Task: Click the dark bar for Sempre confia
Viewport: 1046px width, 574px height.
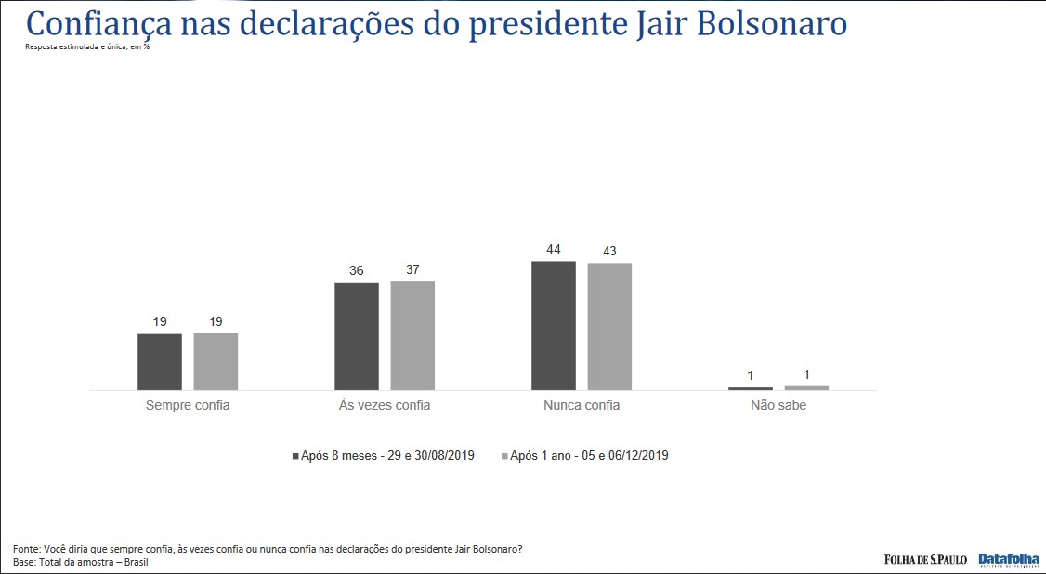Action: tap(160, 362)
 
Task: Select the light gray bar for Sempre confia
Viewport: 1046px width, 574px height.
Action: tap(216, 361)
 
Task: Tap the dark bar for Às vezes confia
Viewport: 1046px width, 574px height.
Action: tap(357, 336)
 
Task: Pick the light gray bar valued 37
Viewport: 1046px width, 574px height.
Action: tap(412, 335)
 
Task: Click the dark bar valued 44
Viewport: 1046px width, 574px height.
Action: tap(554, 326)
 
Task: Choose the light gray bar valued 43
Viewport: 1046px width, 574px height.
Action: tap(609, 327)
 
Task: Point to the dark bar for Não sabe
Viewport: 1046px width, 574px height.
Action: tap(751, 388)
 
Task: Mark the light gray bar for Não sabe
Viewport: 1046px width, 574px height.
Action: tap(806, 387)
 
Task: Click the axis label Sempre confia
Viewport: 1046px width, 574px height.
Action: tap(188, 406)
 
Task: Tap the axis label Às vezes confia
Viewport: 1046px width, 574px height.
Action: tap(385, 406)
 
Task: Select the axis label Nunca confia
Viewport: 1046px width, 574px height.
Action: tap(582, 406)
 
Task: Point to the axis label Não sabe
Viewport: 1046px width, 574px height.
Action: tap(778, 406)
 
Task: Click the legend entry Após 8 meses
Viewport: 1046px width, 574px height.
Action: tap(383, 456)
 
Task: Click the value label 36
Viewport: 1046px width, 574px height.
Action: tap(357, 271)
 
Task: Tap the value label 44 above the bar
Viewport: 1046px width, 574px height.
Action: tap(554, 250)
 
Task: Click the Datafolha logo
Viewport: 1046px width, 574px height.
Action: tap(1008, 559)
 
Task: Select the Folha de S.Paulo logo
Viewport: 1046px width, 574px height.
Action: tap(925, 559)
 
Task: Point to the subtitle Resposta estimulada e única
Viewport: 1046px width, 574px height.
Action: tap(87, 46)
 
